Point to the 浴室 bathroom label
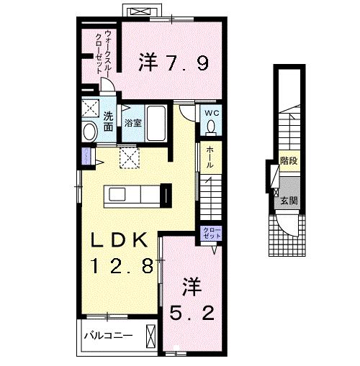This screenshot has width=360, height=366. click(x=132, y=122)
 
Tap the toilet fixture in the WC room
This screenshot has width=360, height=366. click(x=212, y=127)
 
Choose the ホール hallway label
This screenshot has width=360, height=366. click(x=209, y=157)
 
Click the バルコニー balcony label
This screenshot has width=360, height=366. click(x=107, y=334)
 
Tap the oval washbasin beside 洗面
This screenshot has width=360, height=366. click(x=89, y=132)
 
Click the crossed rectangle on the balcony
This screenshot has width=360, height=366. click(x=150, y=335)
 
